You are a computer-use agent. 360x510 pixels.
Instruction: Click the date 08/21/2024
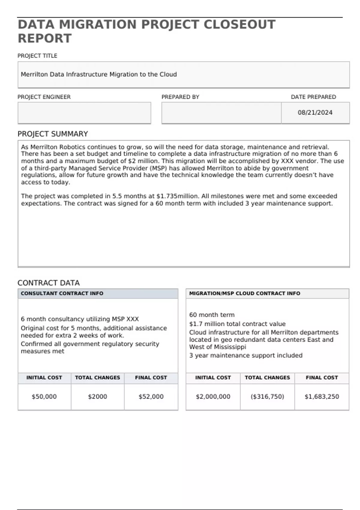click(x=315, y=112)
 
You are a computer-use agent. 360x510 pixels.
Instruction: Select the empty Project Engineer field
click(x=84, y=112)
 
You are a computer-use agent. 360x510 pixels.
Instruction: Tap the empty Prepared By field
click(x=221, y=112)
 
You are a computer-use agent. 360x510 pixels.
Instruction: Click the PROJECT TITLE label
click(x=37, y=56)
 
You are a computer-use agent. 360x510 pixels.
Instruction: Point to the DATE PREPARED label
click(x=313, y=97)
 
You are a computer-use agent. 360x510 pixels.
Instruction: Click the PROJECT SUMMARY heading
click(x=53, y=134)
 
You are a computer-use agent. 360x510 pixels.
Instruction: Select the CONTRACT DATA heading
click(x=49, y=283)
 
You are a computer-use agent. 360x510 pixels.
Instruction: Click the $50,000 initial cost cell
click(x=44, y=397)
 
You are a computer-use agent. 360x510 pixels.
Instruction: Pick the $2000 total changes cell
click(x=97, y=397)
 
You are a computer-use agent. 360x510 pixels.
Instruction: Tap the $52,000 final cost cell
click(x=151, y=397)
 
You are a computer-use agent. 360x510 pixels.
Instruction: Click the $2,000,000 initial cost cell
click(x=213, y=397)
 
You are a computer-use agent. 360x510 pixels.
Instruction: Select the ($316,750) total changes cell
click(x=267, y=397)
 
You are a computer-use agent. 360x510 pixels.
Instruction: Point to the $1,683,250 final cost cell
click(x=322, y=397)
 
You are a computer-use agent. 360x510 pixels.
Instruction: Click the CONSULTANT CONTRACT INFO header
click(x=62, y=293)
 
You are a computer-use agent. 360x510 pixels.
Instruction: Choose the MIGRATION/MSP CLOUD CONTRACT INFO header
click(x=244, y=293)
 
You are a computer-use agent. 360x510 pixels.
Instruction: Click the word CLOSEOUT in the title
click(x=239, y=25)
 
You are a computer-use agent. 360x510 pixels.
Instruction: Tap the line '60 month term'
click(x=212, y=315)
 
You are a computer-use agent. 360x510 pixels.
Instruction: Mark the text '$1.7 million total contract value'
click(x=237, y=324)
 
